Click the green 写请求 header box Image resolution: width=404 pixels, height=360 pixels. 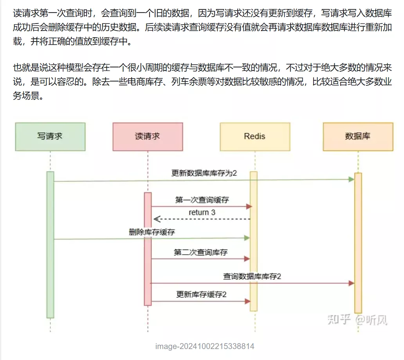[x=50, y=137]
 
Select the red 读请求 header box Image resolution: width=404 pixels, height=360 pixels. [x=148, y=137]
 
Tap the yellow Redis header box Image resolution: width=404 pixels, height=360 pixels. [x=255, y=137]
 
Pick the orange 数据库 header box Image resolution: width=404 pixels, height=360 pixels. [x=358, y=137]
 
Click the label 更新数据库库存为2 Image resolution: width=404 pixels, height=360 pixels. [x=204, y=173]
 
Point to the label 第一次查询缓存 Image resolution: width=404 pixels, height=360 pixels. [x=202, y=200]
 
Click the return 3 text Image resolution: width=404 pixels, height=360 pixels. [x=202, y=212]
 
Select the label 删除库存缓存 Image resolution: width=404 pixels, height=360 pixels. [x=152, y=232]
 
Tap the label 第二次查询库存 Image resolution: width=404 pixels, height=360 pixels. [x=200, y=252]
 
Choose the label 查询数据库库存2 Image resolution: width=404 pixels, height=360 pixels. [x=252, y=276]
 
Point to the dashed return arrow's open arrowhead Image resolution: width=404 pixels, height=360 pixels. [x=156, y=219]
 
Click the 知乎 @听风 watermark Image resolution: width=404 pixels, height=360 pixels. [x=357, y=320]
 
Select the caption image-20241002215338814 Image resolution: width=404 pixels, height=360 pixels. [x=205, y=346]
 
